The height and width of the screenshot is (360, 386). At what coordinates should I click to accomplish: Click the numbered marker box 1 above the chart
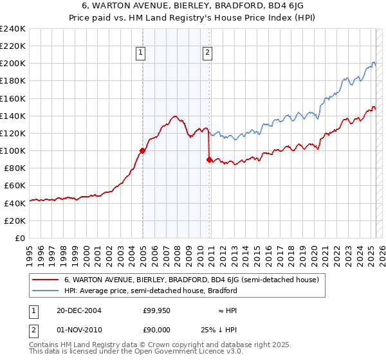tap(140, 54)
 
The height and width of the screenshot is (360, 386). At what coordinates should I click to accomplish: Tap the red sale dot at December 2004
tap(142, 150)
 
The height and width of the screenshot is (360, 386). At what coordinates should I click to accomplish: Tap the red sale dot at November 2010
tap(209, 159)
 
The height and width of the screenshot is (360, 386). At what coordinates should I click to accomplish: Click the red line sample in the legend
tap(46, 280)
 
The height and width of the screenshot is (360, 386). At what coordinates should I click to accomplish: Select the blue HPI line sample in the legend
tap(46, 291)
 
